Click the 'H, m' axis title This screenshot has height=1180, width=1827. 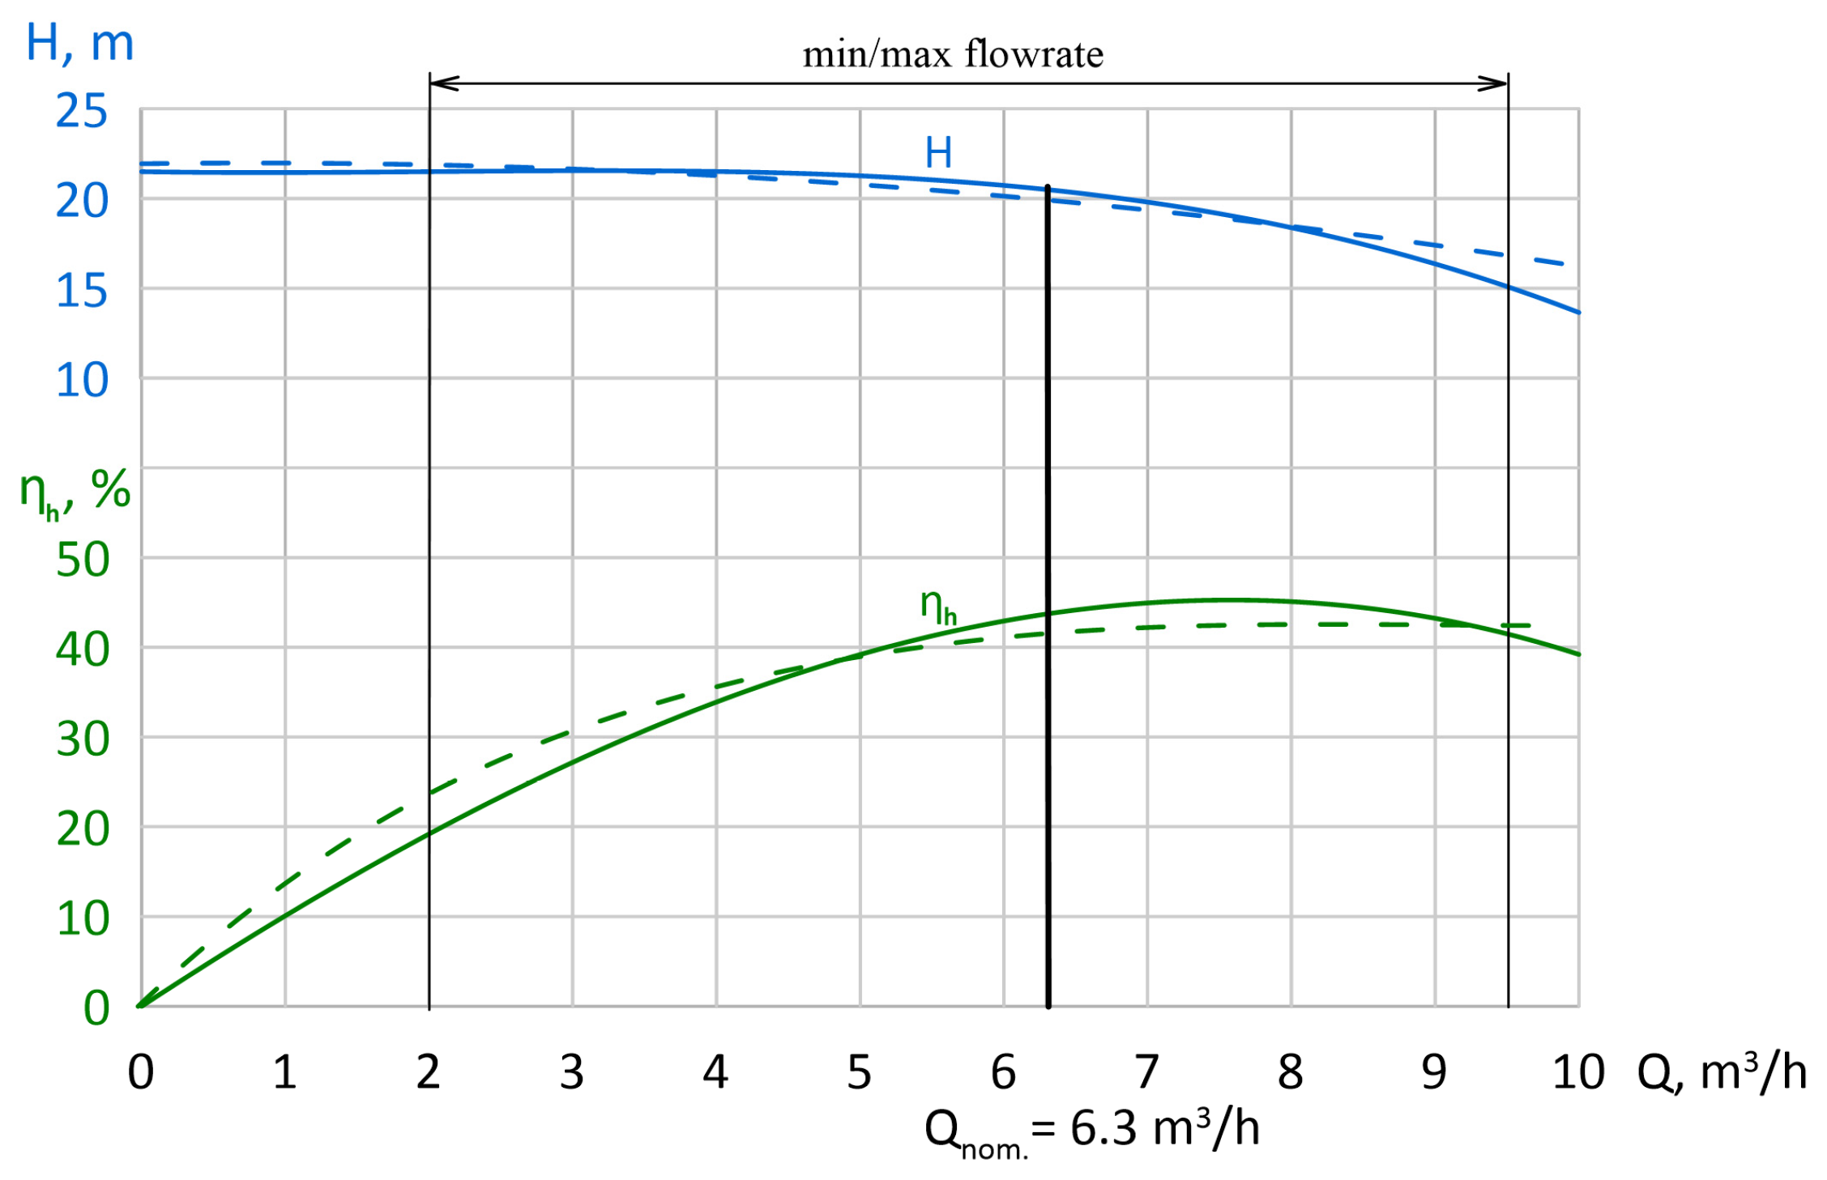coord(79,44)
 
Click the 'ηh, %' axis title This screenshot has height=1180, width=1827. coord(75,492)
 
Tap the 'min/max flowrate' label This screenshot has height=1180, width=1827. coord(953,55)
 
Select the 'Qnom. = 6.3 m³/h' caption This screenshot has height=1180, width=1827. coord(1091,1131)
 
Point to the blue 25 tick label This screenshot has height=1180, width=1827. coord(81,112)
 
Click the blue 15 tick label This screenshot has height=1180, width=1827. coord(81,292)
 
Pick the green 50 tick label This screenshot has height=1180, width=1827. coord(83,560)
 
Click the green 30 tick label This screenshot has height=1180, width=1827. coord(83,740)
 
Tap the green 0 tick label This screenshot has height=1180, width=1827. coord(96,1009)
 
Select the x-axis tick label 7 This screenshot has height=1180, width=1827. coord(1146,1073)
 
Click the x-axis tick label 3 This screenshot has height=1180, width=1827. coord(571,1073)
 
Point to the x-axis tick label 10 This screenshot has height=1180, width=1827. coord(1577,1073)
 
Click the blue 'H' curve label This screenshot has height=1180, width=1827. coord(938,153)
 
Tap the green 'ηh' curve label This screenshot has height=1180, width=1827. coord(938,606)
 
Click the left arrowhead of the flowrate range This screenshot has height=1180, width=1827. coord(444,83)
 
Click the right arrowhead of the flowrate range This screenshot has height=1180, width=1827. coord(1493,83)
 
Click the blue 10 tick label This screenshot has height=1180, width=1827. coord(81,381)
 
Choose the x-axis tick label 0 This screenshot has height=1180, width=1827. coord(140,1073)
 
